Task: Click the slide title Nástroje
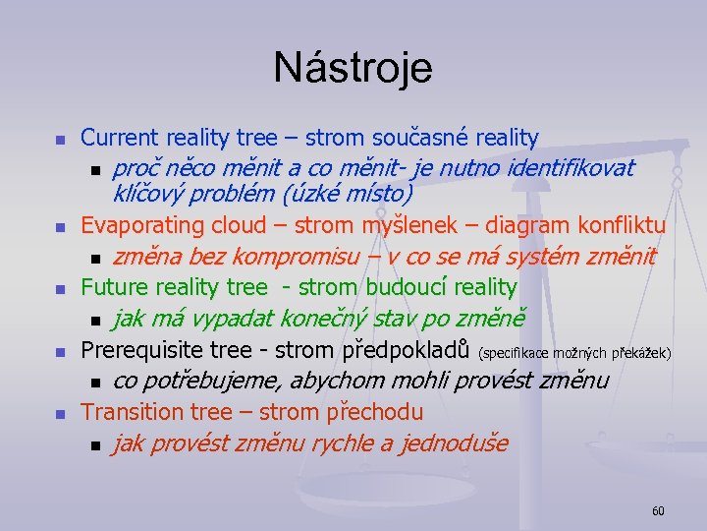(x=353, y=68)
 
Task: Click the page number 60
(x=658, y=510)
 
